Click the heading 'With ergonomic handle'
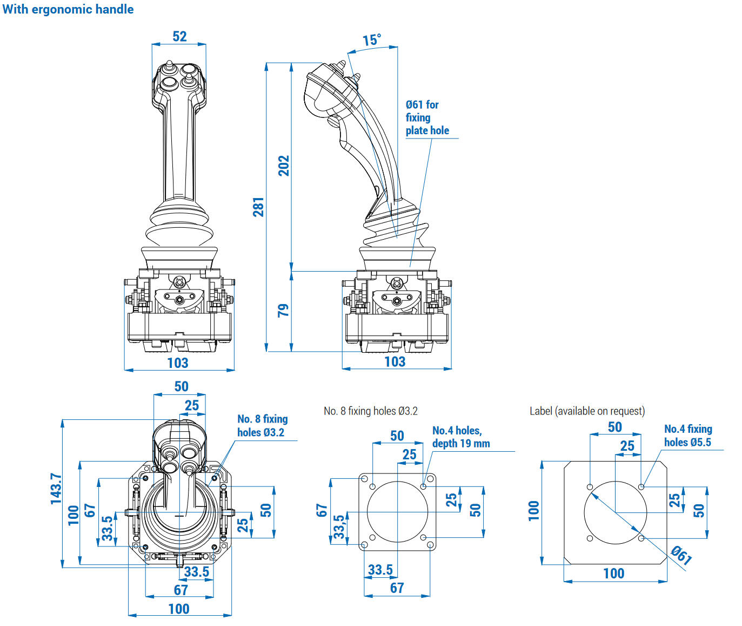tap(68, 9)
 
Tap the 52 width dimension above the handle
tap(179, 36)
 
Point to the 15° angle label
tap(372, 40)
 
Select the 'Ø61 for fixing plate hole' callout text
tap(427, 117)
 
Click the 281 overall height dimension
tap(258, 207)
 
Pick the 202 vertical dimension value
tap(284, 166)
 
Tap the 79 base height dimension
tap(283, 310)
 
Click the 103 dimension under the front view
tap(178, 363)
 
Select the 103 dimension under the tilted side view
tap(395, 361)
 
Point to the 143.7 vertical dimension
tap(56, 489)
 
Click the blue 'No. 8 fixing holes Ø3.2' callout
tap(262, 425)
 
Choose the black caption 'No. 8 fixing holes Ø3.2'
tap(371, 411)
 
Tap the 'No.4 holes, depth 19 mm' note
tap(461, 437)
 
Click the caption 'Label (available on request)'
tap(587, 411)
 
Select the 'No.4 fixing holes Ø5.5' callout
tap(688, 436)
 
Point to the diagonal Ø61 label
tap(681, 555)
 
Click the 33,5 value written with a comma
tap(339, 526)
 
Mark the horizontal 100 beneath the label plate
tap(613, 574)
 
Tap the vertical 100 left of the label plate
tap(533, 511)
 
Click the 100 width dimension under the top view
tap(179, 609)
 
